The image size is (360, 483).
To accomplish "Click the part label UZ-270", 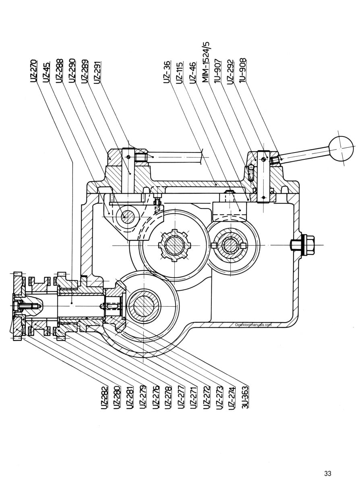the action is coord(33,71).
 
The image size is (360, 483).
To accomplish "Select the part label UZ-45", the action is coord(46,72).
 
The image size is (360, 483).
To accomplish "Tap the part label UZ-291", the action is coord(97,72).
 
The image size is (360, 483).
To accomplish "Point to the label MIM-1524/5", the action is coord(205,62).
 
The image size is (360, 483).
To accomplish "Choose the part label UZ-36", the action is coord(167,72).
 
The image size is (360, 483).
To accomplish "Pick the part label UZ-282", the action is coord(105,397).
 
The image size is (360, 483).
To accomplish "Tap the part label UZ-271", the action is coord(194,398).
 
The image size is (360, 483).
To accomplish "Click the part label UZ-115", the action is coord(179,73).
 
